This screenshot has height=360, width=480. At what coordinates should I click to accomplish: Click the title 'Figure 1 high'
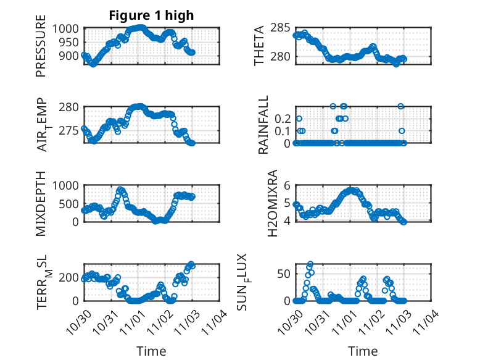[151, 15]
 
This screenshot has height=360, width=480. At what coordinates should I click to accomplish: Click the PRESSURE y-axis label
[41, 49]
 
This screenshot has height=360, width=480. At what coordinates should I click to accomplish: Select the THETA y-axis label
[260, 46]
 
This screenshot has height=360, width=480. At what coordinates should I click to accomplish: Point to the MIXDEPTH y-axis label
[41, 203]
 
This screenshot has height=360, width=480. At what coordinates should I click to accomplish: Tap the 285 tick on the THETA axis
[281, 28]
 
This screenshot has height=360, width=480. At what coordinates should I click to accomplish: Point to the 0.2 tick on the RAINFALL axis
[282, 118]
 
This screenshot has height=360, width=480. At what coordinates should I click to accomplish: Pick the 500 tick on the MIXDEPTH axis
[70, 204]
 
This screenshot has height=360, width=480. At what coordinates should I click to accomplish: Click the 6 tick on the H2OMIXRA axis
[287, 186]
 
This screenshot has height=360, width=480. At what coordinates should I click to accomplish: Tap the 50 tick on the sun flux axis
[284, 274]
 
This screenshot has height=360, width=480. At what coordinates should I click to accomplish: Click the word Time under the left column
[151, 351]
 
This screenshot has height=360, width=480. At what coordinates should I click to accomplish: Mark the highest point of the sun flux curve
[310, 264]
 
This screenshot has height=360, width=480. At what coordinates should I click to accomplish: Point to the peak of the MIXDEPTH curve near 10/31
[120, 190]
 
